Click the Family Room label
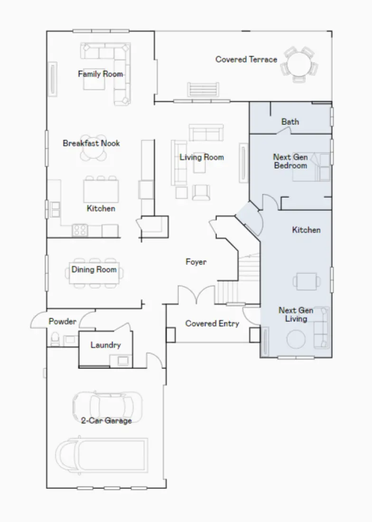click(101, 74)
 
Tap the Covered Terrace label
click(246, 59)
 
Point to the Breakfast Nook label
click(92, 143)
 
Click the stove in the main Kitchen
click(80, 230)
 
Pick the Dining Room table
click(94, 274)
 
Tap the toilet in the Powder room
click(55, 338)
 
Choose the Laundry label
click(105, 345)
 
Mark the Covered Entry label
click(212, 324)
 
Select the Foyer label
click(196, 262)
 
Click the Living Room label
click(202, 157)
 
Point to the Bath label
click(290, 122)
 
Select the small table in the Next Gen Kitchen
click(304, 280)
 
